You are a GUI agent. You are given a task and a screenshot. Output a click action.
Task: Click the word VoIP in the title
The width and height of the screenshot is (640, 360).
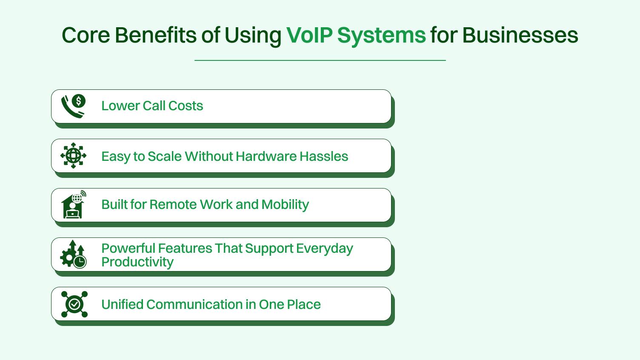click(309, 35)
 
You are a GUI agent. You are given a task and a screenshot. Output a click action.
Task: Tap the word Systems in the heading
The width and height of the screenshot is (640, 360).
click(381, 36)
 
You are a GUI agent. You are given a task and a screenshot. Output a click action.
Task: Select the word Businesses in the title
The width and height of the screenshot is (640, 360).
click(520, 35)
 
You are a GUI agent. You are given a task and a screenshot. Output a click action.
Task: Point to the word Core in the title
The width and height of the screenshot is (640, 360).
click(86, 35)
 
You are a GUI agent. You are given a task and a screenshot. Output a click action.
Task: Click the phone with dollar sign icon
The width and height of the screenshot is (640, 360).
click(73, 106)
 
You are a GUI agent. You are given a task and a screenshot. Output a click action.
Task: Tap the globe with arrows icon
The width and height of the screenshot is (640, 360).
click(73, 156)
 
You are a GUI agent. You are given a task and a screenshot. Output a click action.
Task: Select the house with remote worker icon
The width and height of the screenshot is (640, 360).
click(73, 205)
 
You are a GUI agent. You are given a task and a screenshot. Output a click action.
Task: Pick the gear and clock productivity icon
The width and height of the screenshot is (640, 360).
click(73, 254)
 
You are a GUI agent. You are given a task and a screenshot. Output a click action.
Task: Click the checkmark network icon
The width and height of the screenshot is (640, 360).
click(74, 304)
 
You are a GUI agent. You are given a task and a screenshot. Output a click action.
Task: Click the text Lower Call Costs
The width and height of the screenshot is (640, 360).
click(152, 106)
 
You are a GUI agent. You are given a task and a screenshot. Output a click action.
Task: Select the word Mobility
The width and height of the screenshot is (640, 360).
click(285, 205)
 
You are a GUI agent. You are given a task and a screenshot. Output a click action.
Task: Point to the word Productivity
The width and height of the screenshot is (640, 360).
click(137, 262)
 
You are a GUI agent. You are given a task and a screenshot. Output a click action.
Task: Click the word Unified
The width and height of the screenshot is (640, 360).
click(122, 304)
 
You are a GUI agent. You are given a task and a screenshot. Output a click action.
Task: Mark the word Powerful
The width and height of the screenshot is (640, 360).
click(128, 248)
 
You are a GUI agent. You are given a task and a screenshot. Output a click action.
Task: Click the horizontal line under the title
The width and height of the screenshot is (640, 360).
click(320, 60)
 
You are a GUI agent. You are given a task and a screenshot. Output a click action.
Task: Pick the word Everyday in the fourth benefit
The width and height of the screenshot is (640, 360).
click(324, 249)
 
